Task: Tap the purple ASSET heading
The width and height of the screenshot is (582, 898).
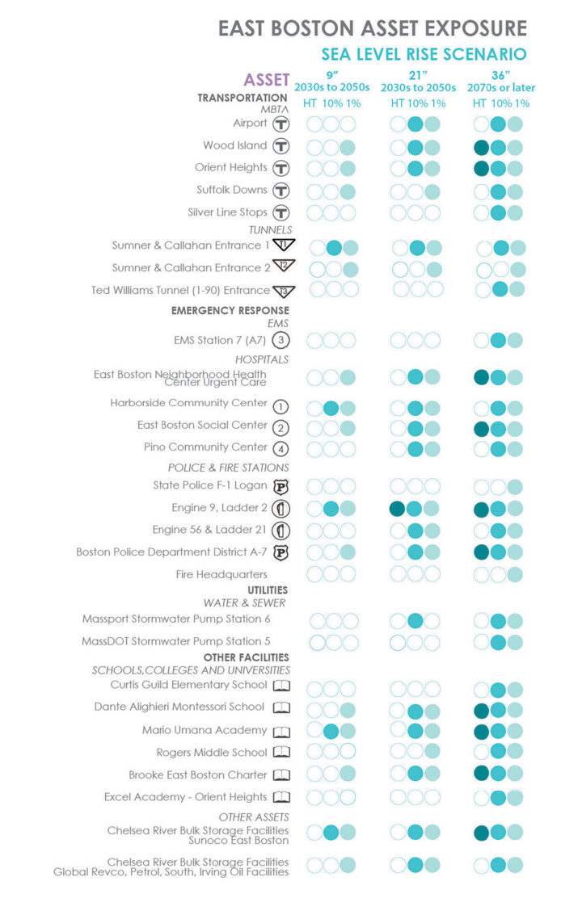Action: pyautogui.click(x=266, y=80)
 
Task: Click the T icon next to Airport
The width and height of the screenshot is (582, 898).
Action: pyautogui.click(x=280, y=124)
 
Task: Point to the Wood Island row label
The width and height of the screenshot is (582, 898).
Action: pyautogui.click(x=234, y=145)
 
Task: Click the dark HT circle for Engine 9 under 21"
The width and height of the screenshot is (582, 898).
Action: pyautogui.click(x=397, y=509)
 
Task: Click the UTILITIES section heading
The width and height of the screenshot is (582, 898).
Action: pyautogui.click(x=264, y=590)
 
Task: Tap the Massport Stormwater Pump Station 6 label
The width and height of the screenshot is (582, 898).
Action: pyautogui.click(x=175, y=619)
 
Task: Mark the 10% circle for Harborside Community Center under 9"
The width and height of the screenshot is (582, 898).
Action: pyautogui.click(x=331, y=408)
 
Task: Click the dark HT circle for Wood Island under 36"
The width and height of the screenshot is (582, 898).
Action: pyautogui.click(x=482, y=148)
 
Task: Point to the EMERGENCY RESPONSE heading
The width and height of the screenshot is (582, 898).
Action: pyautogui.click(x=230, y=310)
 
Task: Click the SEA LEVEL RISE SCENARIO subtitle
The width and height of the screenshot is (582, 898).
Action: pyautogui.click(x=424, y=55)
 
